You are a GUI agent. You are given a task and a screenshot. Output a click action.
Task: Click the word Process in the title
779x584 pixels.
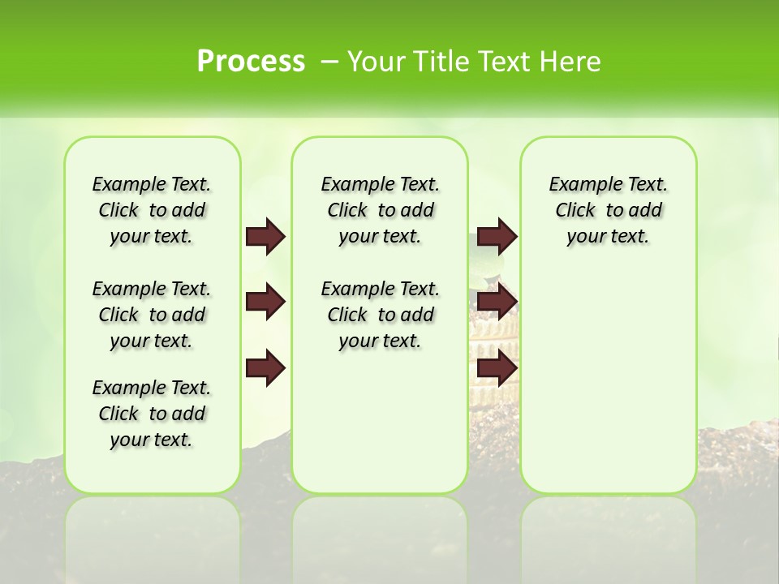pos(251,62)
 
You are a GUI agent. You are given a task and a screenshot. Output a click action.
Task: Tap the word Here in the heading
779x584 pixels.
pos(572,62)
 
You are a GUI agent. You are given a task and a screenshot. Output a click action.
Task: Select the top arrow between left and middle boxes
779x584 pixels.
pos(265,237)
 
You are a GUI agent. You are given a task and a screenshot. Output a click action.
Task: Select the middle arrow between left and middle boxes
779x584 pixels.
pos(265,303)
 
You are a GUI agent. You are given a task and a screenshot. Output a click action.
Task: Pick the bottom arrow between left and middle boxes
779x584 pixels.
pos(265,368)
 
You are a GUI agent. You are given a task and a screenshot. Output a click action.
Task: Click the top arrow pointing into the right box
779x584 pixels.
pos(497,237)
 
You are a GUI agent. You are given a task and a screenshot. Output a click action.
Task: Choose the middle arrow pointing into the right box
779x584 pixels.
pos(497,303)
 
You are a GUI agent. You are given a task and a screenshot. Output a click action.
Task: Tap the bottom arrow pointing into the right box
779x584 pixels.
pos(497,368)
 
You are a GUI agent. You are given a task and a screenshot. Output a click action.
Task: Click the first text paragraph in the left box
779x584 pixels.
pos(152,210)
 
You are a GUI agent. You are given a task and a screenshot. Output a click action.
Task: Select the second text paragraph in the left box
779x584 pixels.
pos(152,315)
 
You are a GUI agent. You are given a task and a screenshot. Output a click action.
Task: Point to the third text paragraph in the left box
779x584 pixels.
pos(152,414)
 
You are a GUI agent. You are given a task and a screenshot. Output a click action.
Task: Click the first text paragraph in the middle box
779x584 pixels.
pos(381,210)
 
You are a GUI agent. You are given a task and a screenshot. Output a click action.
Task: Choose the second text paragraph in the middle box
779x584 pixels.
pos(381,315)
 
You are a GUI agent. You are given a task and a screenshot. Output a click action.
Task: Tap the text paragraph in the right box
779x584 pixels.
pos(609,210)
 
